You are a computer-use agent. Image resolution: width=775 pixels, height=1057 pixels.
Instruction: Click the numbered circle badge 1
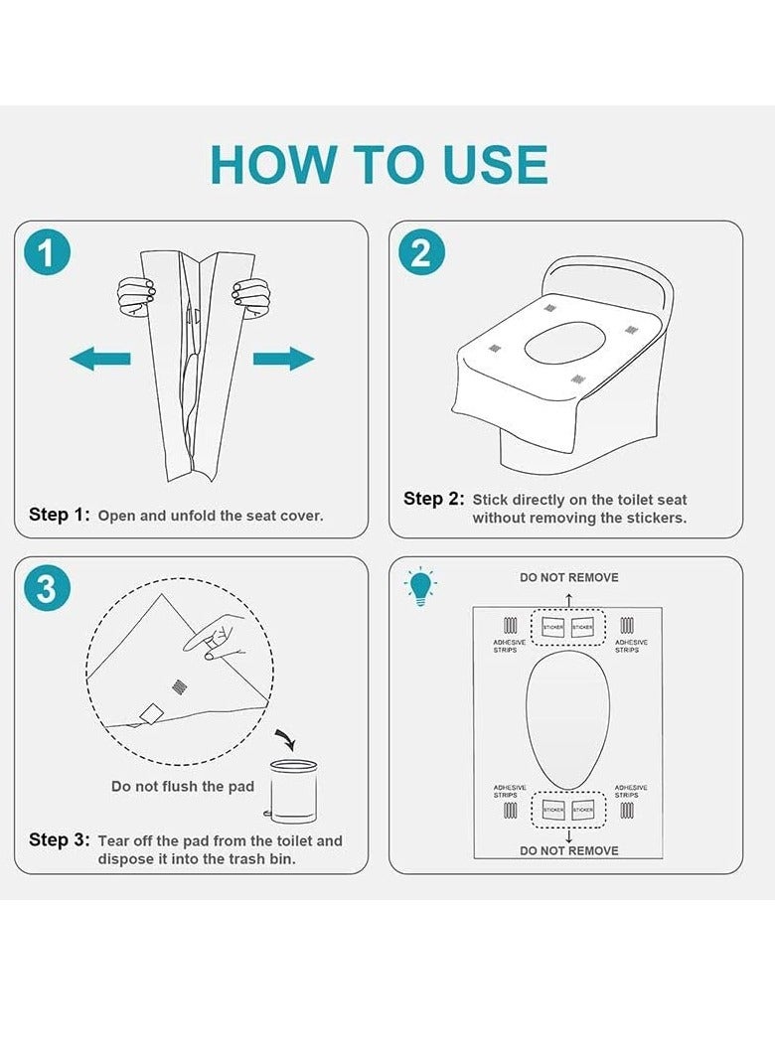(x=47, y=252)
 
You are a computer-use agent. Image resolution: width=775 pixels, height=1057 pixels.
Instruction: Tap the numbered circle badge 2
(x=421, y=252)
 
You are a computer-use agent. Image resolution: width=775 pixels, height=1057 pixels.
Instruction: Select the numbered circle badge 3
(x=47, y=588)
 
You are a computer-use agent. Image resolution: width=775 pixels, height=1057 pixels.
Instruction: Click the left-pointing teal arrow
(x=99, y=358)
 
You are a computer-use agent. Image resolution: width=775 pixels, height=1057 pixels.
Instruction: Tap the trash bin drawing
(x=292, y=791)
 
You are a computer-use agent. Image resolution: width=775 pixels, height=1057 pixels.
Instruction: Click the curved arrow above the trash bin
(x=286, y=739)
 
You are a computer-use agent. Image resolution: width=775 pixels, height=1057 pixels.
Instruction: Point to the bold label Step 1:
(x=60, y=515)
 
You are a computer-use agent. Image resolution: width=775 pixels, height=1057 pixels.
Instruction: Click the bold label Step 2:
(x=434, y=499)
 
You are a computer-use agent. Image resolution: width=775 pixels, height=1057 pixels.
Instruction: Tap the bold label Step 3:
(x=60, y=840)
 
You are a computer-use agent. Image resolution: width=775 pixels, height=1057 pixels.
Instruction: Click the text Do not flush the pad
(x=183, y=786)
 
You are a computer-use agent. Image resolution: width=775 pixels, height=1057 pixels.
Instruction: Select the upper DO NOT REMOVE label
(x=568, y=578)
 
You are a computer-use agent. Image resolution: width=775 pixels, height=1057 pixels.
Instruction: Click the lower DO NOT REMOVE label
(x=568, y=850)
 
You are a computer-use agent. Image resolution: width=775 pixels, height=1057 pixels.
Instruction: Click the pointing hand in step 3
(x=216, y=635)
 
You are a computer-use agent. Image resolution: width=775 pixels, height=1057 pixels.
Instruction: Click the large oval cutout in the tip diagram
(x=568, y=720)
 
